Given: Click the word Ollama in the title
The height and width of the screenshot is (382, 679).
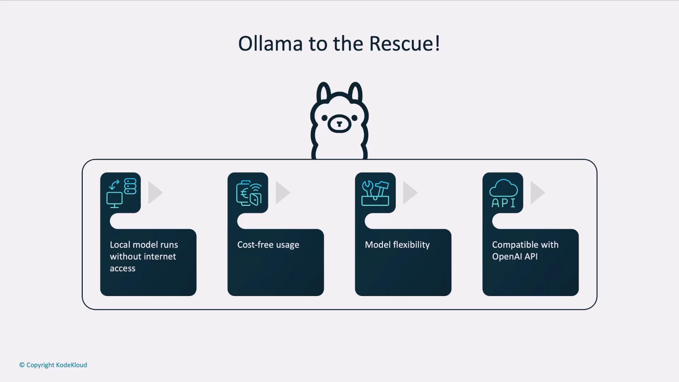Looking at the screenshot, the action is click(271, 44).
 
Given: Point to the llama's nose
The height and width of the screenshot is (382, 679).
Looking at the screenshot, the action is click(339, 124).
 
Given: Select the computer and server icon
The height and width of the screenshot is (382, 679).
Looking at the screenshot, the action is click(121, 193).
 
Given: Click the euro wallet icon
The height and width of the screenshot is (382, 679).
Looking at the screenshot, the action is click(249, 193).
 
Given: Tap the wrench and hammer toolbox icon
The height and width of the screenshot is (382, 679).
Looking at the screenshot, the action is click(375, 193).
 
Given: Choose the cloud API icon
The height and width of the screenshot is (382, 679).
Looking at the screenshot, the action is click(503, 193).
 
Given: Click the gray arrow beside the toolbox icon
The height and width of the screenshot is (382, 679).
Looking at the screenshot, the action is click(410, 193).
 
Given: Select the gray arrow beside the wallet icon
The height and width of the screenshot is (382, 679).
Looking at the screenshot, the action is click(283, 193).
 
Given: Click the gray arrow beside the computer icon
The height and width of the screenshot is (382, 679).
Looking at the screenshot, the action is click(155, 193).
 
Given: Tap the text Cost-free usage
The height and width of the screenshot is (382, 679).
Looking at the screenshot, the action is click(268, 245).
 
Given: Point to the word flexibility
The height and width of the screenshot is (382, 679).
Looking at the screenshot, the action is click(411, 245).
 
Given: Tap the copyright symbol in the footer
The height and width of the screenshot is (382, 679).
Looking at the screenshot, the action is click(22, 365).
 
